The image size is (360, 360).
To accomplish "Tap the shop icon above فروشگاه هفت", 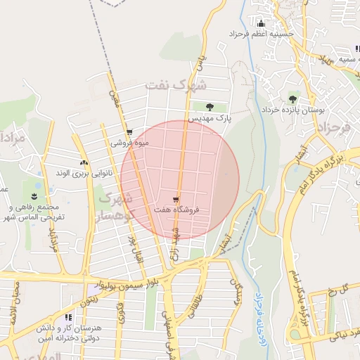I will (x=175, y=200).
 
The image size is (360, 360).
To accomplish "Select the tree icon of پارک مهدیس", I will (x=210, y=107).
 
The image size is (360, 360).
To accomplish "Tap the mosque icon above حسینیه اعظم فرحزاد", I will (x=262, y=23).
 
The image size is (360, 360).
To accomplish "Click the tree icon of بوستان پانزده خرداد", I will (x=292, y=99).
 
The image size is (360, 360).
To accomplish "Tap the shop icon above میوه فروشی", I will (x=129, y=132).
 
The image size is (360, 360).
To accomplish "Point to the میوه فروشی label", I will (x=127, y=143).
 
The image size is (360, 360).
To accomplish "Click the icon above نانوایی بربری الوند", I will (x=84, y=162).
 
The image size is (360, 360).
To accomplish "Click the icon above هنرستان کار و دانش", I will (x=68, y=317).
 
